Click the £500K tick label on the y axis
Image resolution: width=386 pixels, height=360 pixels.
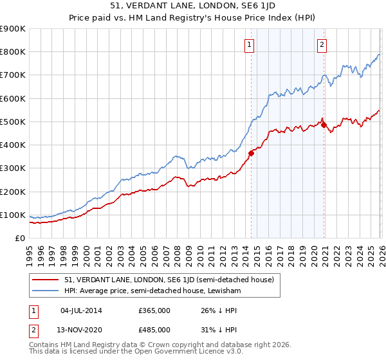tap(13, 122)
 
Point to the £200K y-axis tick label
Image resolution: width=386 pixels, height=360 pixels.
tap(13, 192)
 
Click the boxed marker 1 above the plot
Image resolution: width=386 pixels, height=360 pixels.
tap(249, 44)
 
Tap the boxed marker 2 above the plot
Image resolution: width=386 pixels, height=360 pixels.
tap(321, 44)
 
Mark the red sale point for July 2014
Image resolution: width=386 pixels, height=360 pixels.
tap(251, 152)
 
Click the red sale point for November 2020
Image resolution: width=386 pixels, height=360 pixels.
tap(324, 125)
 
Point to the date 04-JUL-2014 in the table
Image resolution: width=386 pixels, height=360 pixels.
tap(80, 310)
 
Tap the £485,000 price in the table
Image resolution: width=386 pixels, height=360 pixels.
tap(154, 329)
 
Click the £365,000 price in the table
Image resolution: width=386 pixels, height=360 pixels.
tap(154, 310)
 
